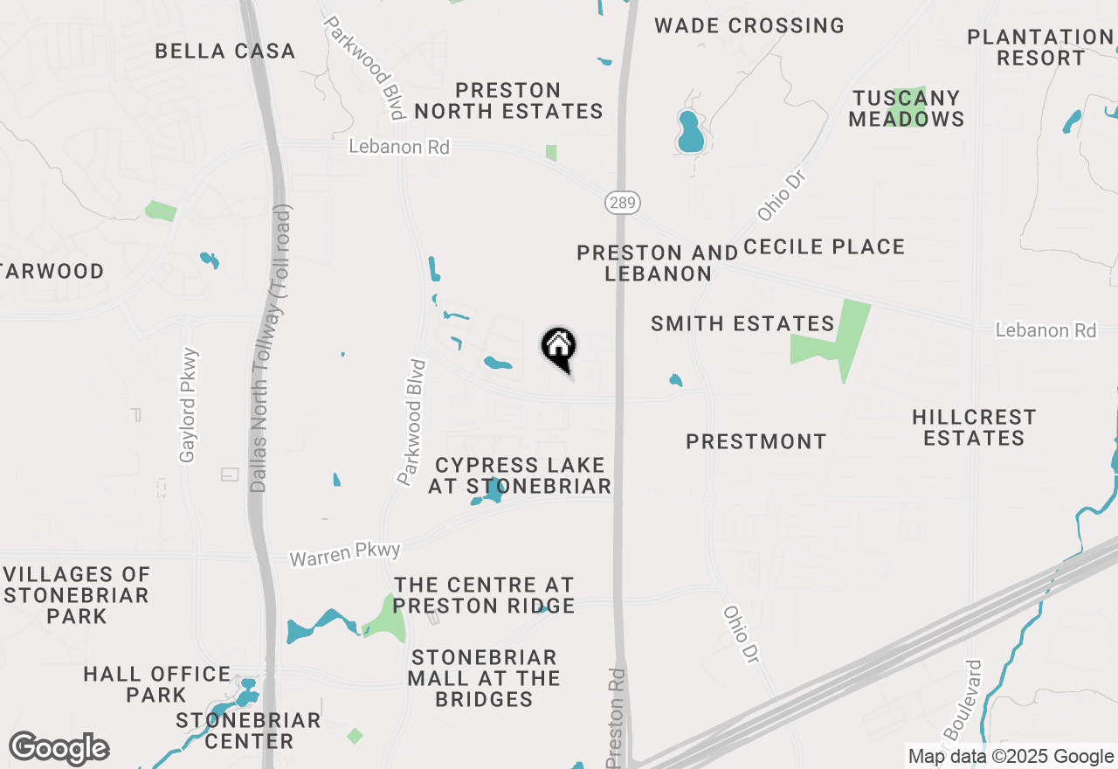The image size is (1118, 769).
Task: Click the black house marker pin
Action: tap(559, 347)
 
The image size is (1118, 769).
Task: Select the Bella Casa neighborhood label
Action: tap(225, 52)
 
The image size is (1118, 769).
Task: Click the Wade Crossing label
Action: tap(749, 25)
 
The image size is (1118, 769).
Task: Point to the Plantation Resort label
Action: tap(1039, 48)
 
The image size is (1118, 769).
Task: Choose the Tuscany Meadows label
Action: tap(907, 108)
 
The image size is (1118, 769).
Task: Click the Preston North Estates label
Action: tap(508, 101)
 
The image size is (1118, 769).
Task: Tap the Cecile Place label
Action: tap(824, 247)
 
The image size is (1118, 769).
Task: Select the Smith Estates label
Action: tap(742, 324)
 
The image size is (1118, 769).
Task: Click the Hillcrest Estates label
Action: tap(974, 427)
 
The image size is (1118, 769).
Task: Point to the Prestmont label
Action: tap(756, 442)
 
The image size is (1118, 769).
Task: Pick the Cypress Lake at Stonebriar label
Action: tap(520, 475)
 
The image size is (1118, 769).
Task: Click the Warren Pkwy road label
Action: tap(345, 554)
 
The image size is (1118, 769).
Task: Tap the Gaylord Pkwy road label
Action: tap(189, 405)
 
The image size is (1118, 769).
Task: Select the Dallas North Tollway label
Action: tap(270, 350)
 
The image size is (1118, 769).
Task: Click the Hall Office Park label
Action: tap(157, 684)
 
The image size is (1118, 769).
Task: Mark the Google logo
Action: tap(59, 749)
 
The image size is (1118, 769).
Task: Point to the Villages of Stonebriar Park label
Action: tap(77, 595)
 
